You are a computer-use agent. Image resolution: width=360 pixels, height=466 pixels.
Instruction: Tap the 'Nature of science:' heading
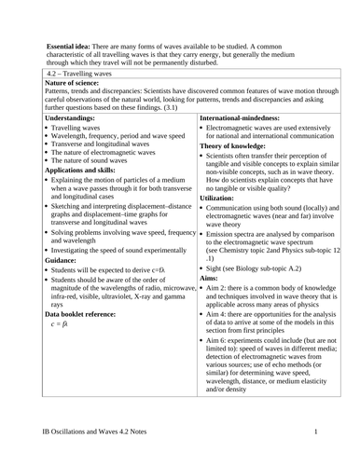pyautogui.click(x=77, y=83)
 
